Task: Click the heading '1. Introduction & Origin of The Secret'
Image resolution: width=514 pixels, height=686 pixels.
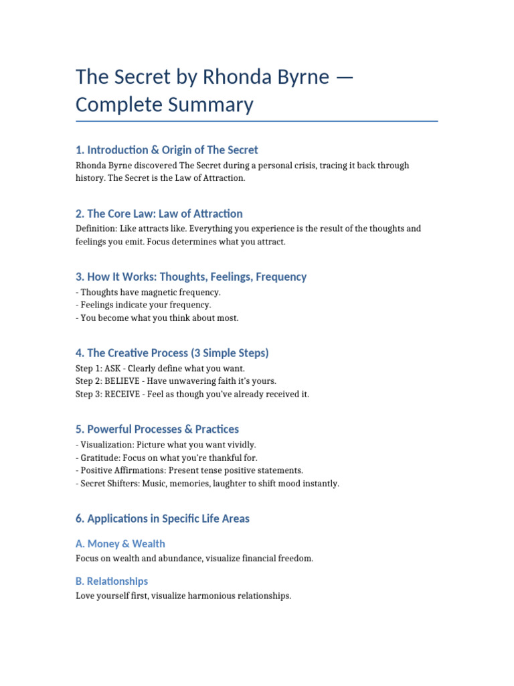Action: [167, 149]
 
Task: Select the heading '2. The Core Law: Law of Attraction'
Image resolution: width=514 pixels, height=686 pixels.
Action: [159, 213]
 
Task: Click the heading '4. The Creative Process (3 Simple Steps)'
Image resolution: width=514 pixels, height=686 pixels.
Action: [172, 352]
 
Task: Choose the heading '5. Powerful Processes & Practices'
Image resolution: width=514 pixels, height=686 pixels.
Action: [157, 429]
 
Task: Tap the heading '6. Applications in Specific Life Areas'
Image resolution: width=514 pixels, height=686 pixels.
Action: [163, 519]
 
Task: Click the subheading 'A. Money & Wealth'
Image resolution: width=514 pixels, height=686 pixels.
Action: [120, 543]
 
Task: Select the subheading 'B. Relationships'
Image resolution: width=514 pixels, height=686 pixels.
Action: [112, 581]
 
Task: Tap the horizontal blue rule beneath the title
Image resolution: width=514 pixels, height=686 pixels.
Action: [257, 121]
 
